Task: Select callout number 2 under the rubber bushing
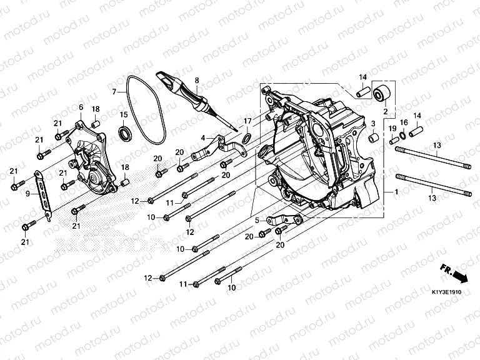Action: tap(385, 111)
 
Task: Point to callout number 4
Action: tap(203, 137)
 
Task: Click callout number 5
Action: tap(256, 220)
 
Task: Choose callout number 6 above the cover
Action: tap(81, 107)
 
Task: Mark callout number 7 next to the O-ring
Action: tap(114, 91)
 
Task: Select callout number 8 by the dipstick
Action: tap(196, 81)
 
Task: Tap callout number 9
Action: tap(27, 194)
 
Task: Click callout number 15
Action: tap(124, 114)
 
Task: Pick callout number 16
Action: tap(403, 122)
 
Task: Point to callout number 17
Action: tap(247, 121)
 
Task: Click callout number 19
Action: tap(392, 129)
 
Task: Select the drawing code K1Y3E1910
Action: tap(446, 292)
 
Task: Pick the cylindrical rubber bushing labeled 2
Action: tap(382, 93)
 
